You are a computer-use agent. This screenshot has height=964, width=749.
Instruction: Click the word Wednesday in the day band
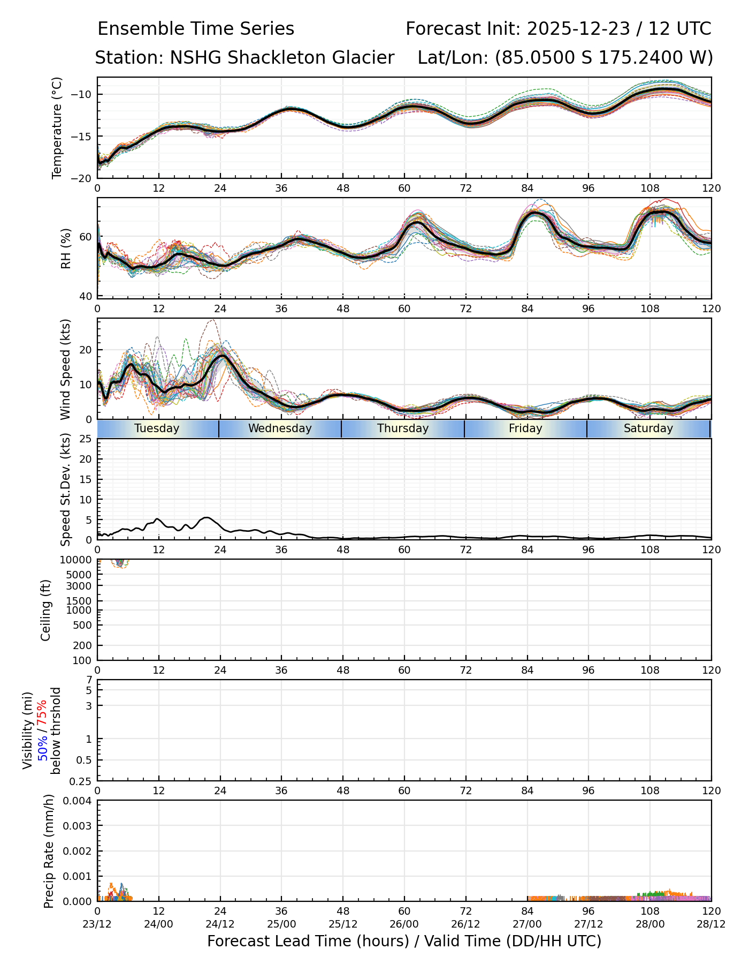tap(280, 428)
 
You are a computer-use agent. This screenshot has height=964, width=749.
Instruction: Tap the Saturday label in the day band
tap(648, 428)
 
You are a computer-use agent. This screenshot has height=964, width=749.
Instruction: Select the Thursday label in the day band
tap(403, 428)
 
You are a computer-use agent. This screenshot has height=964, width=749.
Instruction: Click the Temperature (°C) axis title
tap(57, 127)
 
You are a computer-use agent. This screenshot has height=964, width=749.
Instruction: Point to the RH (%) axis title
tap(66, 248)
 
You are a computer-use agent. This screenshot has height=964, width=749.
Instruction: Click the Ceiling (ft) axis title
tap(46, 610)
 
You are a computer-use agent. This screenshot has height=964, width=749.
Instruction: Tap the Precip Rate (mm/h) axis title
tap(49, 850)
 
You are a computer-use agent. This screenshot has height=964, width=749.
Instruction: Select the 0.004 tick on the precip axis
tap(78, 801)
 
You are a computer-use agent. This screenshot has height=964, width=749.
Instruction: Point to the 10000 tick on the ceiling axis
tap(78, 560)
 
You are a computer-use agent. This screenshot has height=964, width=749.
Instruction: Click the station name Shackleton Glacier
tap(282, 58)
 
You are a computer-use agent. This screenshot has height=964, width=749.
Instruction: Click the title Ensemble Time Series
tap(196, 29)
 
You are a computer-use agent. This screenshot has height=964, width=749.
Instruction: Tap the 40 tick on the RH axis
tap(87, 296)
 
